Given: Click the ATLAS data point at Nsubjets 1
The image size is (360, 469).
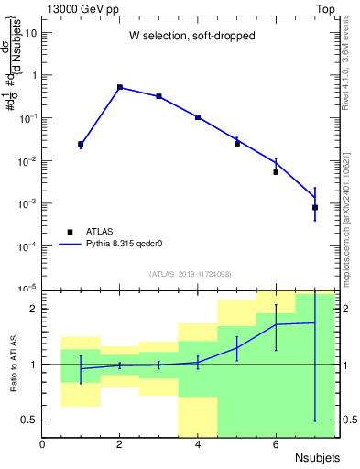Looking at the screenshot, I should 81,144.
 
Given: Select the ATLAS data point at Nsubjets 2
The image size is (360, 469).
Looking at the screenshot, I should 120,87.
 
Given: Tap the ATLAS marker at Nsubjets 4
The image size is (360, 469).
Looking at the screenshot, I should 198,117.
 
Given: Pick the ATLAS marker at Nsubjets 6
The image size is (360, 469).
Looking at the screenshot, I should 276,172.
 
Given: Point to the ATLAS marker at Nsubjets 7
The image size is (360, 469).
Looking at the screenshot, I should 315,207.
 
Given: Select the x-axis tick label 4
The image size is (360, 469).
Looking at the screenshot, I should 198,444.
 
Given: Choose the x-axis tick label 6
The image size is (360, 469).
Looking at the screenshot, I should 276,444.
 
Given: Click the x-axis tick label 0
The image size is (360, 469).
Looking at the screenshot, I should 42,444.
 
